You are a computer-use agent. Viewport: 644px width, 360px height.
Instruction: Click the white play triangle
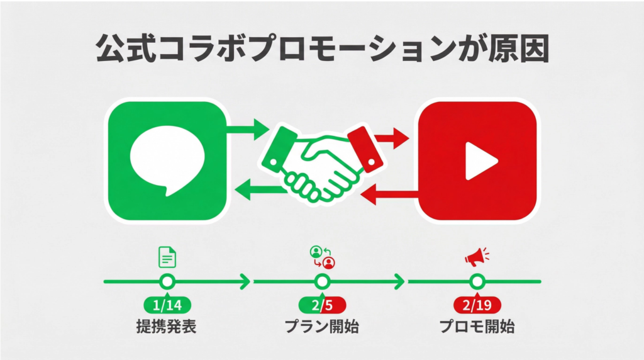click(480, 161)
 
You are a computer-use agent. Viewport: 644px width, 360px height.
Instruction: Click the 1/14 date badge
click(167, 305)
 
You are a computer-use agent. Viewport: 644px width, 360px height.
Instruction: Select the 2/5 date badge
click(322, 305)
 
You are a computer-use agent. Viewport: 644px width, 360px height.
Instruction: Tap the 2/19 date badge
click(477, 305)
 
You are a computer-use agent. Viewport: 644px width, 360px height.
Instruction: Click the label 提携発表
click(167, 327)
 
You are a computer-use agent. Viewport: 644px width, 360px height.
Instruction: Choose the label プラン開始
click(322, 327)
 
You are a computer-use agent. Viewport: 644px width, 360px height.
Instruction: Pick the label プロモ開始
click(477, 327)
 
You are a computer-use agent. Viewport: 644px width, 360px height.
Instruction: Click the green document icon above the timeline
click(167, 257)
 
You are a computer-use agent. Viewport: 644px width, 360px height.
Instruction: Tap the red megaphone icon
click(476, 256)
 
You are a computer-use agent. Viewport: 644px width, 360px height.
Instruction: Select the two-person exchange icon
click(323, 256)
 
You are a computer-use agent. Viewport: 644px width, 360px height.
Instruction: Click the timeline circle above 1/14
click(167, 281)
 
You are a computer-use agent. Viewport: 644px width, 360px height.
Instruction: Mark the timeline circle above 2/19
click(477, 281)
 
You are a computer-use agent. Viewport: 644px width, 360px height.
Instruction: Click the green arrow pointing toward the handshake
click(248, 131)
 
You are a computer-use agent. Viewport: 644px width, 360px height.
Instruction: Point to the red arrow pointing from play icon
click(391, 193)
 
